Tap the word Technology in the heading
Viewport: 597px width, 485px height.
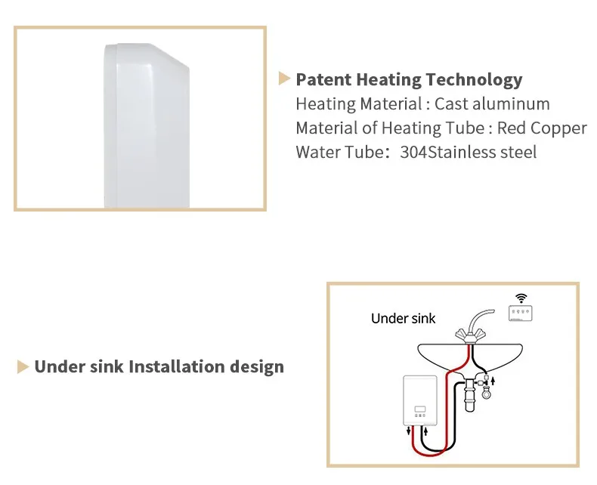click(x=474, y=80)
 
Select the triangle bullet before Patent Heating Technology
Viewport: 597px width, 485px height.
click(x=285, y=78)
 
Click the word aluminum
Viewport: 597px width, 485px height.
click(x=512, y=104)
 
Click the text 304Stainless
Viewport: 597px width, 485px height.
click(x=439, y=152)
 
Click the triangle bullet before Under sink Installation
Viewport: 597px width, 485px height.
click(x=23, y=367)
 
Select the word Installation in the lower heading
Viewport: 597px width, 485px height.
click(x=177, y=367)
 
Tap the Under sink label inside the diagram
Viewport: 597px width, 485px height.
click(x=403, y=318)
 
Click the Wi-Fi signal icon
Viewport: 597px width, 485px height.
click(x=521, y=297)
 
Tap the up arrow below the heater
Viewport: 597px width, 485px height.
click(x=426, y=432)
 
